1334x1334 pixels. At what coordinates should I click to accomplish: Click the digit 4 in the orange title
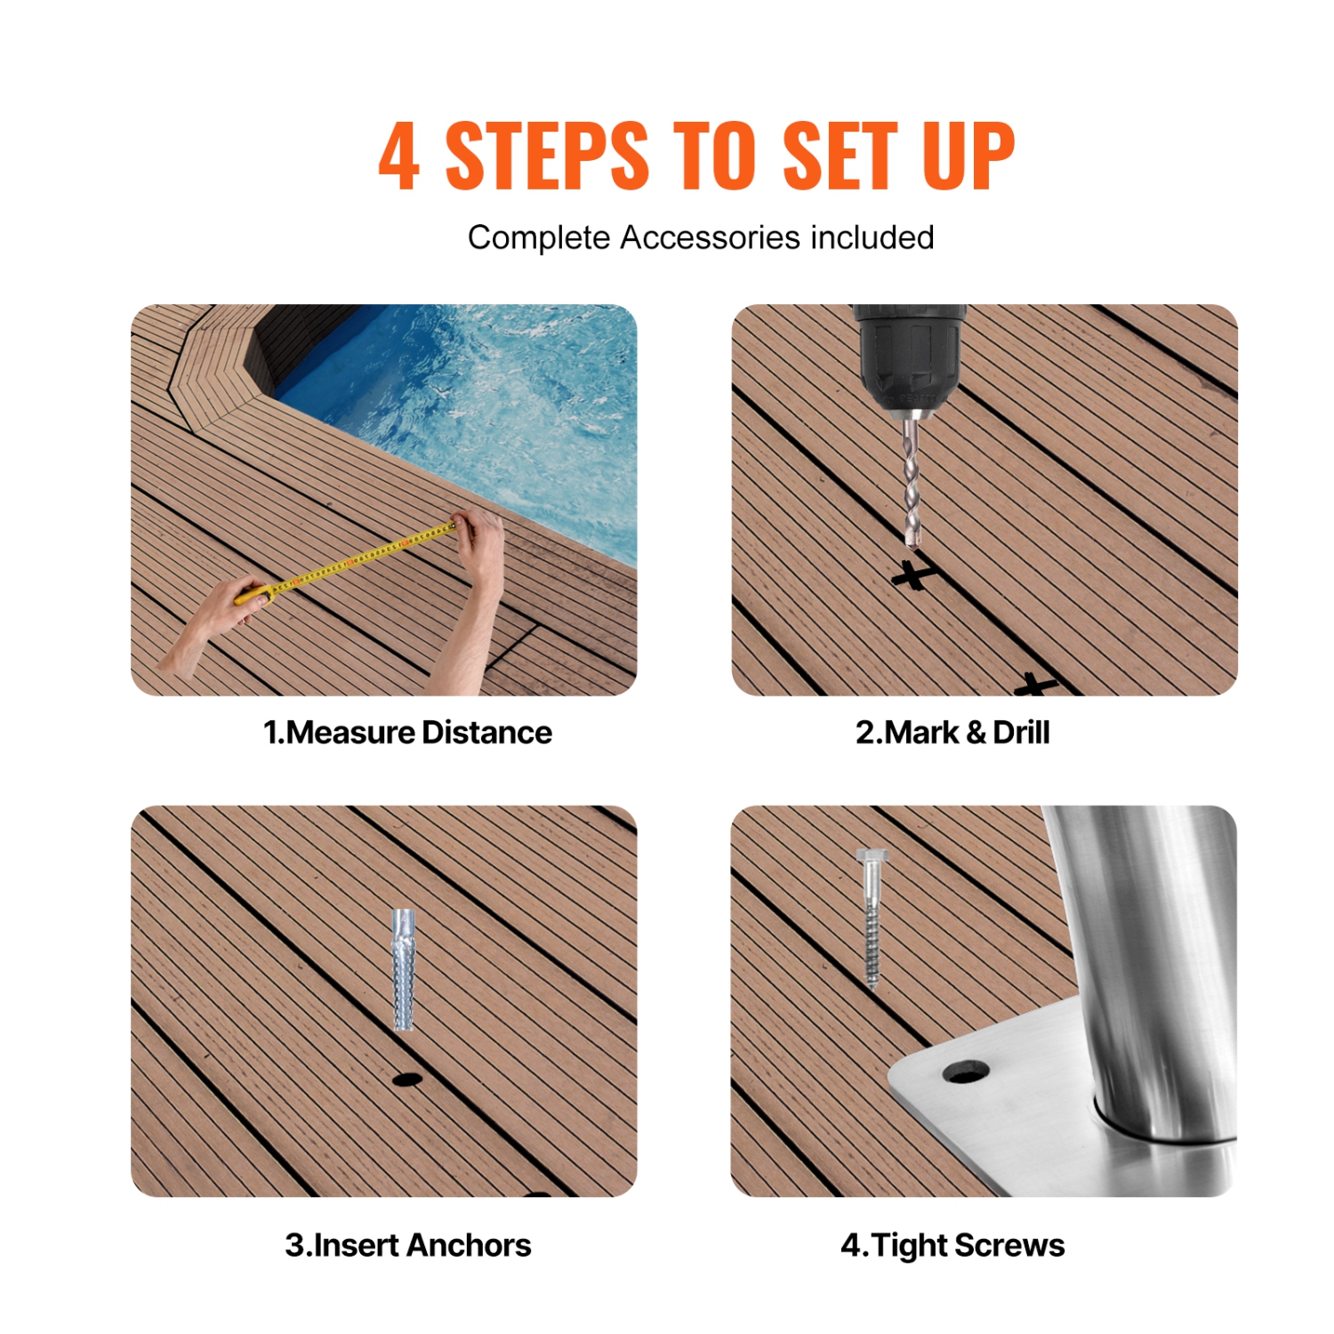[x=399, y=157]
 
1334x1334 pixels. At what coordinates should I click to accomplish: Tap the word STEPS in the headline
[x=546, y=157]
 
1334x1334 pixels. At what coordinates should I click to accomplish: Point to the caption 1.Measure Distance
[x=407, y=733]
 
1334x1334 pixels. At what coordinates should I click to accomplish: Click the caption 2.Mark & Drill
[x=952, y=733]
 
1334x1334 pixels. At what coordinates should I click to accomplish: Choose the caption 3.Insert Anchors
[x=407, y=1245]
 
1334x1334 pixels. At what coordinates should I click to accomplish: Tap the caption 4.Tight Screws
[x=952, y=1245]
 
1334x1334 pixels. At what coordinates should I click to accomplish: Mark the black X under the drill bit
[x=913, y=576]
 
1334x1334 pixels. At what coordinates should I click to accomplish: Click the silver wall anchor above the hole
[x=404, y=969]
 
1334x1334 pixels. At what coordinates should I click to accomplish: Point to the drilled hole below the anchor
[x=406, y=1080]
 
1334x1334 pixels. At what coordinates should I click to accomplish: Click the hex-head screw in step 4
[x=872, y=916]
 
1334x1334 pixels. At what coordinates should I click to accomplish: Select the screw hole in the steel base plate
[x=965, y=1072]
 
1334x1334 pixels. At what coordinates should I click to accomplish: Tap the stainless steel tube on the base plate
[x=1147, y=960]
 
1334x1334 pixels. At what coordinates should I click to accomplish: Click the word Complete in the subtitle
[x=539, y=238]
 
